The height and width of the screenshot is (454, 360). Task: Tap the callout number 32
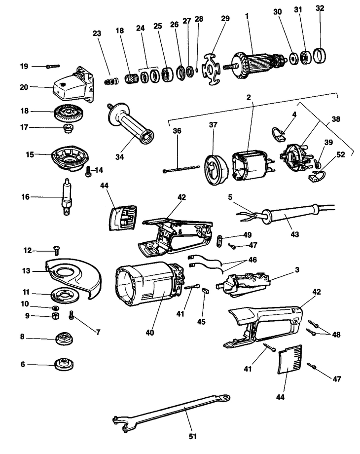(x=320, y=23)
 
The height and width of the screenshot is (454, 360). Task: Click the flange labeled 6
(x=64, y=365)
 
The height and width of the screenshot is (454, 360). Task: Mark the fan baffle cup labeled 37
(x=215, y=168)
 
